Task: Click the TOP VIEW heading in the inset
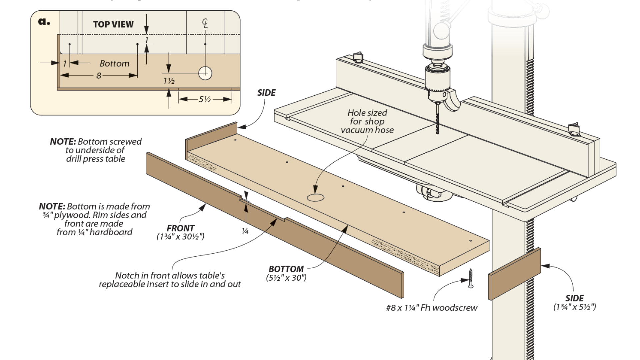click(113, 24)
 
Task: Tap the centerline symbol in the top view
click(205, 23)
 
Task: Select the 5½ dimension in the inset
click(205, 99)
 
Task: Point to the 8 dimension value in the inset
click(99, 76)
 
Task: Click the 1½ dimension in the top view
click(169, 81)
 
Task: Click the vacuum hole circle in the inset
click(205, 73)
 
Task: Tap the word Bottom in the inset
click(114, 63)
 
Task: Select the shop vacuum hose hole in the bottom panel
click(315, 198)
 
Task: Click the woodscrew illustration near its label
click(471, 278)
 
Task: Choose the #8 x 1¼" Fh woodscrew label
click(432, 308)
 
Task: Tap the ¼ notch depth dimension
click(245, 231)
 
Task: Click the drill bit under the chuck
click(438, 118)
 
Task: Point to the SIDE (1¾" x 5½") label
click(574, 303)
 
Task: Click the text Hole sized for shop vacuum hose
click(367, 121)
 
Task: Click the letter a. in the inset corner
click(44, 22)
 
